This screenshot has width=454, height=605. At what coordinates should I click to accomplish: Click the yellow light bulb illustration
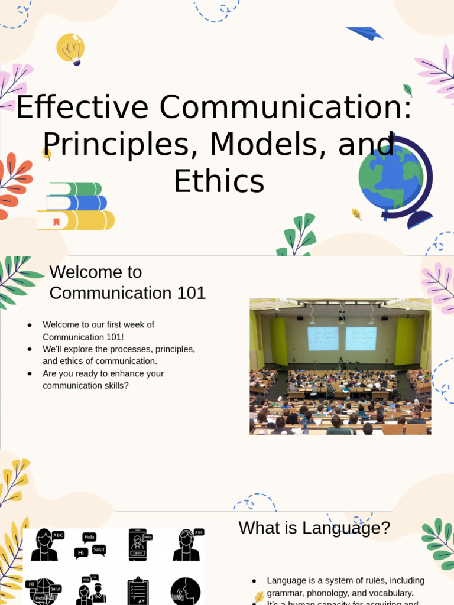pos(70,48)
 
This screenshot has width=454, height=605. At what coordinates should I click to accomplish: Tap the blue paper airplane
pos(364,32)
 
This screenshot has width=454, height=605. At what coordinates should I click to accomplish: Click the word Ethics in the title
pos(219,181)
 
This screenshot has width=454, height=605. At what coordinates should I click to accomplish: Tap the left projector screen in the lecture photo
pos(323,338)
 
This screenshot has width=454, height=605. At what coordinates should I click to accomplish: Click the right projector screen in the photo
pos(361,338)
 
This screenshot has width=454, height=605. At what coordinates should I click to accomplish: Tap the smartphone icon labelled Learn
pos(138,544)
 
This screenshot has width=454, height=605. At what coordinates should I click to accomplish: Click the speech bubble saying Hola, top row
pos(89,537)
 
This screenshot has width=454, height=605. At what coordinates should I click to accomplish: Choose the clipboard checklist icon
pos(138,591)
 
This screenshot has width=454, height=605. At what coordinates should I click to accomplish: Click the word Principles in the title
pos(118,144)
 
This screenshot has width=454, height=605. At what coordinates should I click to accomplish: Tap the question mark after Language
pos(385,528)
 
